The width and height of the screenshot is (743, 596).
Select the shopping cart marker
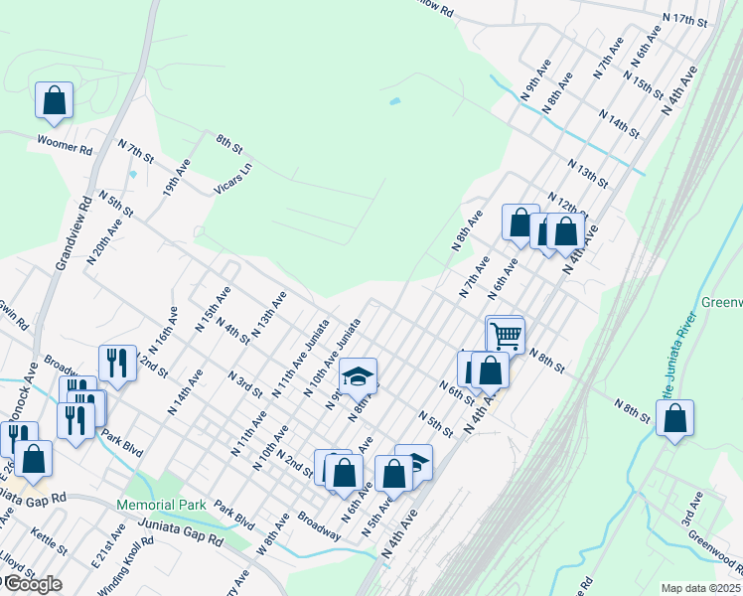(506, 335)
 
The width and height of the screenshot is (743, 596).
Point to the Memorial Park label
(161, 505)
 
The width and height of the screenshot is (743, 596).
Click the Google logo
(32, 584)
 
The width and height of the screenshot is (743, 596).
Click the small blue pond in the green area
(395, 101)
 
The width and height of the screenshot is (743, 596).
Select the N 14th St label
(618, 126)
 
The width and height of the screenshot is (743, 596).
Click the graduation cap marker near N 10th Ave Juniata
(358, 376)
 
